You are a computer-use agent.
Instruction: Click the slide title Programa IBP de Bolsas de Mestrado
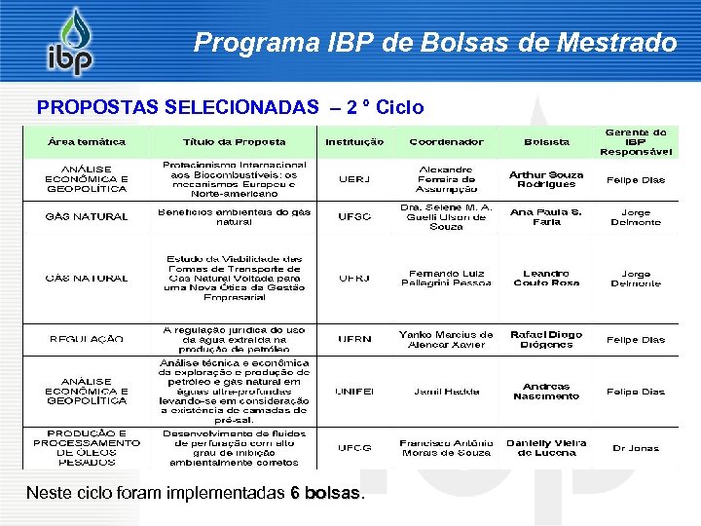(434, 43)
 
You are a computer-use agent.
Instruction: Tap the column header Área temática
(87, 142)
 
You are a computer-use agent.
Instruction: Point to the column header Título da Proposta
(235, 142)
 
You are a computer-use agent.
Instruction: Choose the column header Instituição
(354, 142)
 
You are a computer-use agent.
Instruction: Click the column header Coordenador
(446, 142)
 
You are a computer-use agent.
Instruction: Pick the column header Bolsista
(546, 142)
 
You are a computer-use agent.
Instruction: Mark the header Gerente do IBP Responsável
(636, 141)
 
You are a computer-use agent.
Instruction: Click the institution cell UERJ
(354, 179)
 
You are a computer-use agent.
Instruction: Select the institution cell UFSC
(354, 216)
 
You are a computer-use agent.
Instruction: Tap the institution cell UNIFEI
(354, 392)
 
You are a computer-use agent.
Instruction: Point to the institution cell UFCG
(354, 448)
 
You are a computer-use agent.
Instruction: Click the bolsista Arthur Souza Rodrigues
(546, 179)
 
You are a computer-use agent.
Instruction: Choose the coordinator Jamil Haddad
(446, 392)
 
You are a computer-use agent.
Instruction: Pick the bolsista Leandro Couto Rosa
(546, 278)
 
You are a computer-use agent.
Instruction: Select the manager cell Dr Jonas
(636, 448)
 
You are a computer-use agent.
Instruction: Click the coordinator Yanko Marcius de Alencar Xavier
(446, 339)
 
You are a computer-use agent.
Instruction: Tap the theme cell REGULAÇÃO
(87, 339)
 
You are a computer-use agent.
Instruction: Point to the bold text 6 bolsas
(327, 493)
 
